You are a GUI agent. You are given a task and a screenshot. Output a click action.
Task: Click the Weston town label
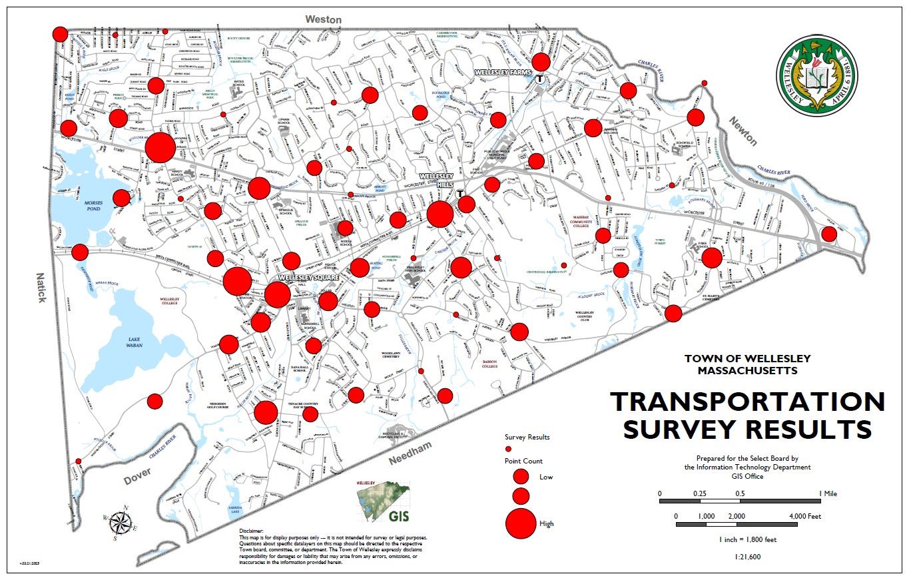[324, 20]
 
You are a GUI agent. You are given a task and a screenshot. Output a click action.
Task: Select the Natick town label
[41, 287]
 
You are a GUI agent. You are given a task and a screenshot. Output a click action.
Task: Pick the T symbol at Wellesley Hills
[459, 194]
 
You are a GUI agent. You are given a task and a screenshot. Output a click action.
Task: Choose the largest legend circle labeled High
[521, 523]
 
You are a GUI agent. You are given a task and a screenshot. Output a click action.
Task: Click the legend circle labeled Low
[521, 476]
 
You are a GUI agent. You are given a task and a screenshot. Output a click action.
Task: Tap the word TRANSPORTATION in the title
[747, 402]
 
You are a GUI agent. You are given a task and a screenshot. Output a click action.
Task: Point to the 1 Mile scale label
[828, 493]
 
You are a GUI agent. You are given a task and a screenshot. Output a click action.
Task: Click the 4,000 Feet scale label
[805, 516]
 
